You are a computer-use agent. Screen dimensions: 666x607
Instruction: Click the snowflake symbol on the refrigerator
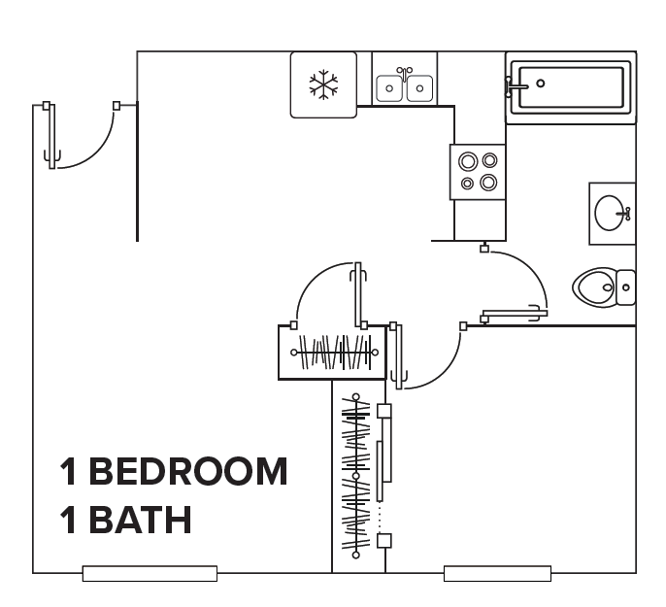[323, 84]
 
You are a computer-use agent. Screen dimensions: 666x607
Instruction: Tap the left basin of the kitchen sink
[389, 88]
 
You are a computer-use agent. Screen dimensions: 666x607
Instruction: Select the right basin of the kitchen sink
[419, 88]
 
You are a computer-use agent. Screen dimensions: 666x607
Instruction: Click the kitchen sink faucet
[404, 73]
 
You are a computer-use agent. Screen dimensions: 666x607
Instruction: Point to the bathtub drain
[540, 84]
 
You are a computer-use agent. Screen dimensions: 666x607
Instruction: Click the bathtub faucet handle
[516, 86]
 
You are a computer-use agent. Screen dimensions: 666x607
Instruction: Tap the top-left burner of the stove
[468, 161]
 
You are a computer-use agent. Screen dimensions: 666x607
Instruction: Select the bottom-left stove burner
[467, 184]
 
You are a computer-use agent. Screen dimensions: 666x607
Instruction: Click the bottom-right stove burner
[488, 183]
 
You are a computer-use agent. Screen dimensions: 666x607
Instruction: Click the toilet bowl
[594, 287]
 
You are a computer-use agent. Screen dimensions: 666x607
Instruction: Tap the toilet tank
[625, 287]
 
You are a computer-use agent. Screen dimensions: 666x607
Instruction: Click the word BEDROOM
[188, 471]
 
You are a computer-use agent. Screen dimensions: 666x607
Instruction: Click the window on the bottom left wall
[150, 573]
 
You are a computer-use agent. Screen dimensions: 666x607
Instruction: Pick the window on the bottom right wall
[497, 573]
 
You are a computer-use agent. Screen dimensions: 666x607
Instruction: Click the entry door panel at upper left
[51, 136]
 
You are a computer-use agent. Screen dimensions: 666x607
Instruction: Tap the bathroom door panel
[515, 315]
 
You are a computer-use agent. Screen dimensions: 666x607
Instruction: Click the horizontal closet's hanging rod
[334, 353]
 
